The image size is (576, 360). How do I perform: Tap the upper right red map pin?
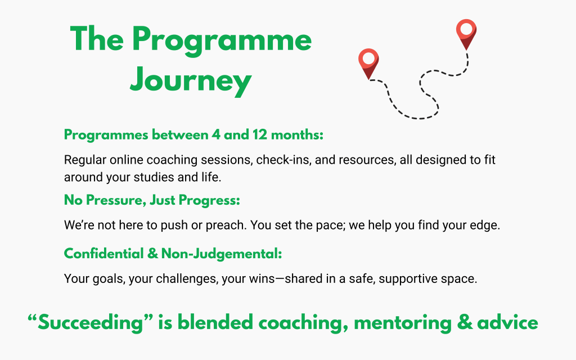(x=466, y=34)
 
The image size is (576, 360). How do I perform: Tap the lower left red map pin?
(x=368, y=64)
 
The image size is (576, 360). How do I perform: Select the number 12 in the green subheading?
(x=259, y=135)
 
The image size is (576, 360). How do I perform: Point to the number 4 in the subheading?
(x=216, y=135)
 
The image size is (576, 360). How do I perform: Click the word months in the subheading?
(x=297, y=135)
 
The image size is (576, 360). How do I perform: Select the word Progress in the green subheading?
(x=209, y=201)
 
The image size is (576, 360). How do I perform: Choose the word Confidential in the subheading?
(x=104, y=254)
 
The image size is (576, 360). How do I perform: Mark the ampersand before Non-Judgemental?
(x=152, y=254)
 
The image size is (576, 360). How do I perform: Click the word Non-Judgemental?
(x=222, y=254)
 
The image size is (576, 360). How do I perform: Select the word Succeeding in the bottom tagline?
(x=91, y=323)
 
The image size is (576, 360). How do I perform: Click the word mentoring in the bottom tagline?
(x=403, y=323)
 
